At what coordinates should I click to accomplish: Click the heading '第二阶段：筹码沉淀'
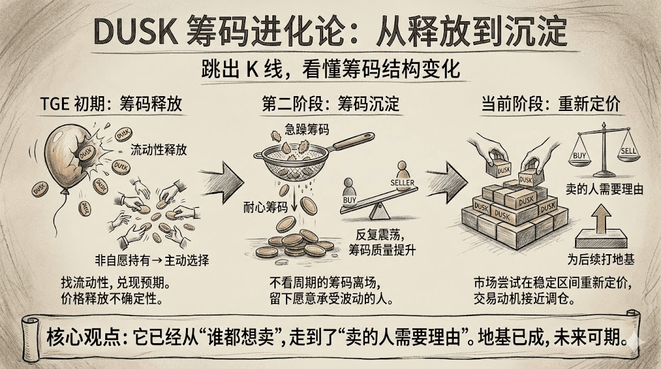coord(331,105)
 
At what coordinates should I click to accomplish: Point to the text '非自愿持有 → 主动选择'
coord(159,261)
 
